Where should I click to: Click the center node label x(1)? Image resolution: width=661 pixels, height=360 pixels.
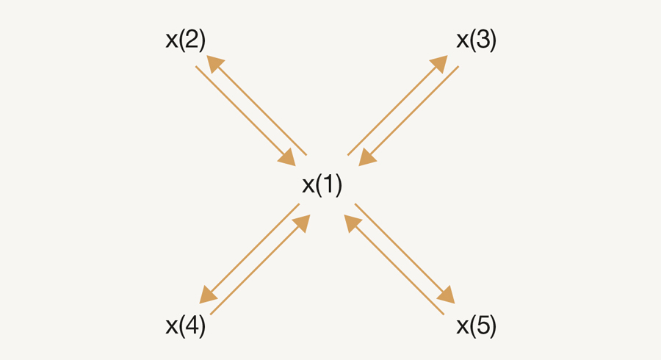tap(322, 184)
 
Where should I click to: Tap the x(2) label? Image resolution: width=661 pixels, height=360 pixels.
tap(186, 40)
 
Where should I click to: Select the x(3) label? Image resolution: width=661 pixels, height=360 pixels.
tap(477, 40)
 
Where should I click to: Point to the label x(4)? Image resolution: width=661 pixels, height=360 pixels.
tap(186, 326)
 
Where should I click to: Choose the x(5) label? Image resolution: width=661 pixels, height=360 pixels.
tap(477, 326)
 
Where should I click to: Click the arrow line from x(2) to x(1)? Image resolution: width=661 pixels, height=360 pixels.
tap(245, 116)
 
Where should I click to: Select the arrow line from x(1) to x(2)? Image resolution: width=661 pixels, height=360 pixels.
tap(257, 105)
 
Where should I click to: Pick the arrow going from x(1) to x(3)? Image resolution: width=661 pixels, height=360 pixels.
tap(397, 105)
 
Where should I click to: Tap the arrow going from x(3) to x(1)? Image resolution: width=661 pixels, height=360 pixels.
tap(408, 116)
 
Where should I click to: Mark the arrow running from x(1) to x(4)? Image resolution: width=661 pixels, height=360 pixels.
tap(249, 253)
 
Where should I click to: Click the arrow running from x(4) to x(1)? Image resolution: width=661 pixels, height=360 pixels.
tap(260, 264)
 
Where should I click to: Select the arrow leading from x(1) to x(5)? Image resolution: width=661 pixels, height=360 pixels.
tap(405, 253)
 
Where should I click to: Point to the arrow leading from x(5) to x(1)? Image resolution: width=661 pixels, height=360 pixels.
tap(394, 264)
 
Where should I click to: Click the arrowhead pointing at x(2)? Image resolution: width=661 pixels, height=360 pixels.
tap(216, 64)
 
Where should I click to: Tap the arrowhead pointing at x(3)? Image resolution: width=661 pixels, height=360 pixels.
tap(439, 64)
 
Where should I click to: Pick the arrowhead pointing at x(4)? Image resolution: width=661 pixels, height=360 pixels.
tap(209, 295)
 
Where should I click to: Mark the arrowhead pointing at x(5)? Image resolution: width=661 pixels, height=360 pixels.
tap(446, 295)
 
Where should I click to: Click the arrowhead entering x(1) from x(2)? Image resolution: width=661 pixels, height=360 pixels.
tap(286, 157)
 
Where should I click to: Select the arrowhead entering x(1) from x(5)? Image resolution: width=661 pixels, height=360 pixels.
tap(353, 223)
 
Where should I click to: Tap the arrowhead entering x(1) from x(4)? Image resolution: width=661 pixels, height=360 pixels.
tap(301, 223)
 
